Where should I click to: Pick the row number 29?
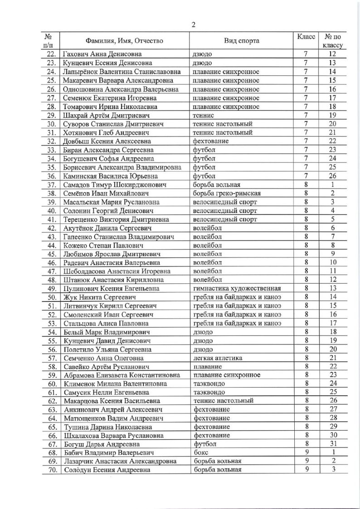51,116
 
